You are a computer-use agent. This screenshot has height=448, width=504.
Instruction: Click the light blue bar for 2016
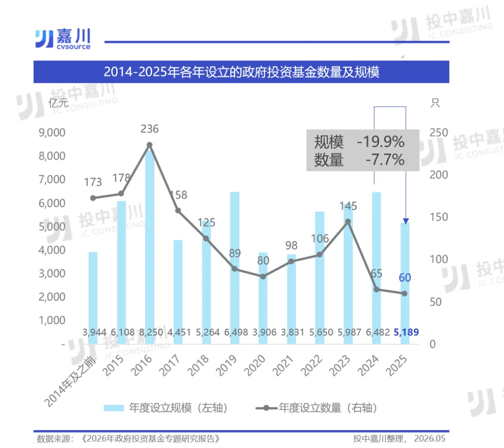pos(150,247)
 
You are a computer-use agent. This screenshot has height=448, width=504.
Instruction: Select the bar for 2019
pos(235,268)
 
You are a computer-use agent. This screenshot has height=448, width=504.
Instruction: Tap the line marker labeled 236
pos(149,145)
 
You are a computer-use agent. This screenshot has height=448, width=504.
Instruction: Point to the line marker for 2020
pos(263,276)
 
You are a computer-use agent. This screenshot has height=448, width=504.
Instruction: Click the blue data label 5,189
pos(406,332)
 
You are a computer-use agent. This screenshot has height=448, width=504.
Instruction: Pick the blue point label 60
pos(405,277)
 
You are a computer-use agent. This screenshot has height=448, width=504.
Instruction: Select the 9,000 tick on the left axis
pos(52,132)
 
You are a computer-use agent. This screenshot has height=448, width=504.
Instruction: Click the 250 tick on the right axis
pos(439,132)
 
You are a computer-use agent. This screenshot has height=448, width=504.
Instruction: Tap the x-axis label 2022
pos(311,365)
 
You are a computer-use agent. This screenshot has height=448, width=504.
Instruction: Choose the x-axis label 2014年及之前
pos(70,381)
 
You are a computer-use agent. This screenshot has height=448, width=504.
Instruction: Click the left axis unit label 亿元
pos(58,103)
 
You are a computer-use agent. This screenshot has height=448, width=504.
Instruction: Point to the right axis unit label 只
pos(435,103)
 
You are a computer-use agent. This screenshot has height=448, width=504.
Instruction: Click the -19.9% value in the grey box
pos(381,142)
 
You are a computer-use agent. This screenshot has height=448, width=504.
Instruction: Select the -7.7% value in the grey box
pos(385,159)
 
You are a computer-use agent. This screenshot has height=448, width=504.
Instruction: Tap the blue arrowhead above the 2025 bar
pos(406,221)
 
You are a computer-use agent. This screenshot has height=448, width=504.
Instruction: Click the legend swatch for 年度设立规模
pos(114,408)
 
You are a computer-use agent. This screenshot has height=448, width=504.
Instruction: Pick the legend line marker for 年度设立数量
pos(266,408)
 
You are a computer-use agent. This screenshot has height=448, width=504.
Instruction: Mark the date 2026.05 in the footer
pos(429,438)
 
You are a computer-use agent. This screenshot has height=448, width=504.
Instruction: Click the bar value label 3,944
pos(94,332)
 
